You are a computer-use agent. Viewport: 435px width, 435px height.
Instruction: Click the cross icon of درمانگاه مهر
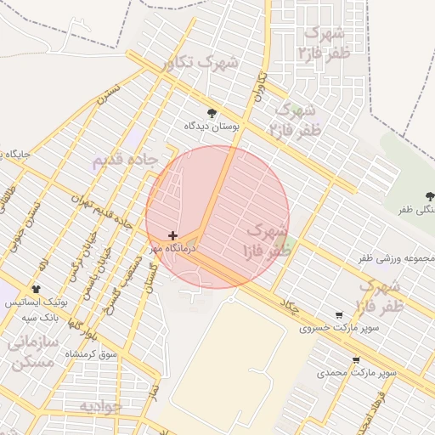173,235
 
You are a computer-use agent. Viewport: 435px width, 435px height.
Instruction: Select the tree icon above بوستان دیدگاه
212,113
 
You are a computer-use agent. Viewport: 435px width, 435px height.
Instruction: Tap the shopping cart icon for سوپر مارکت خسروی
339,314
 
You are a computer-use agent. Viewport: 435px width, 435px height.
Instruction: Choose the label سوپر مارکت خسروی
329,327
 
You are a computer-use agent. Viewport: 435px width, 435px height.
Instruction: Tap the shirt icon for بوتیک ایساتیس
36,290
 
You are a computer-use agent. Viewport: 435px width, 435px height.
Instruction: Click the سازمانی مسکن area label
35,351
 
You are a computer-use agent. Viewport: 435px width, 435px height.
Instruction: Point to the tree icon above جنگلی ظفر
429,196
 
